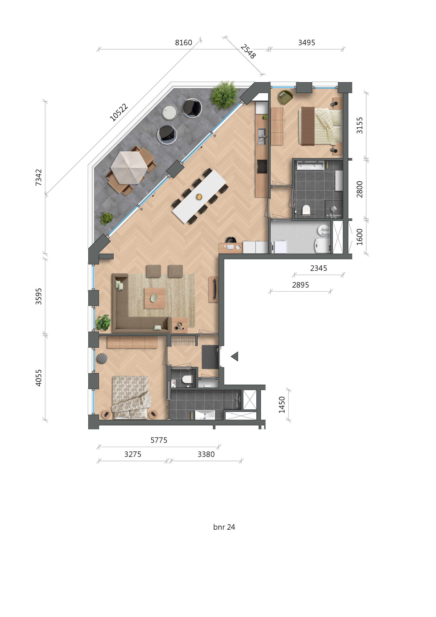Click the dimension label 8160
coord(183,43)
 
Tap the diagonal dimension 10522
coord(119,112)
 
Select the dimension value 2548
coord(248,52)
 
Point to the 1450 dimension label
coord(282,405)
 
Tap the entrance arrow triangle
coord(235,356)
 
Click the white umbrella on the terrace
coord(129,167)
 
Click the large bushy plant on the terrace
coord(224,95)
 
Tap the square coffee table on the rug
coord(155,298)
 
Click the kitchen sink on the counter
coord(262,133)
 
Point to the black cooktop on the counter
coord(262,167)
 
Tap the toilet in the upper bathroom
coord(306,210)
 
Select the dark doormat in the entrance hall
coord(210,357)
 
